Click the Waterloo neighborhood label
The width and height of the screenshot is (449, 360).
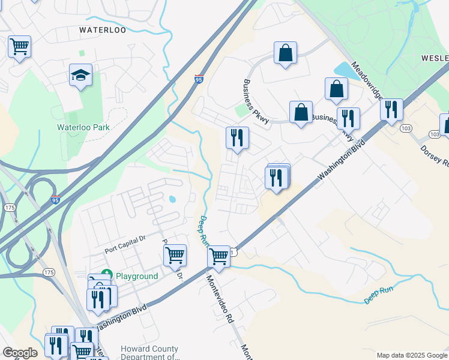pyautogui.click(x=103, y=29)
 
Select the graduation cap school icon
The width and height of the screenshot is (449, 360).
pyautogui.click(x=80, y=76)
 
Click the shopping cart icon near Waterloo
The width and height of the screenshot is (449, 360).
pyautogui.click(x=20, y=46)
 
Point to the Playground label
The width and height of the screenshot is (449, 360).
pyautogui.click(x=136, y=277)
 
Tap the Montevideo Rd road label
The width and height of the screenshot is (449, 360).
pyautogui.click(x=220, y=300)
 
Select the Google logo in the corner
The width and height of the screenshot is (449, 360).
pyautogui.click(x=19, y=353)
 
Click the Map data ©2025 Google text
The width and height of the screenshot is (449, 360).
pyautogui.click(x=411, y=355)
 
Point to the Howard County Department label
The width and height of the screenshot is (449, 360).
pyautogui.click(x=149, y=353)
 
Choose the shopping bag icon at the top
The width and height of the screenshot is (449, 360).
pyautogui.click(x=286, y=53)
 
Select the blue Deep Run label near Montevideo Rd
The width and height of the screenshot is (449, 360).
pyautogui.click(x=203, y=232)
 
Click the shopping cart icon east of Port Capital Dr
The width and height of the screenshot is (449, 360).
pyautogui.click(x=175, y=255)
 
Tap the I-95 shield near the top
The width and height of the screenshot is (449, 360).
pyautogui.click(x=199, y=79)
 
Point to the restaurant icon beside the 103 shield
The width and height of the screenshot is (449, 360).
pyautogui.click(x=391, y=110)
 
